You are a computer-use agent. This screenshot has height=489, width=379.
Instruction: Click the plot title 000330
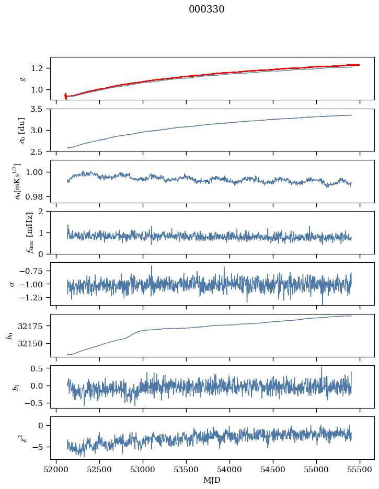pyautogui.click(x=206, y=9)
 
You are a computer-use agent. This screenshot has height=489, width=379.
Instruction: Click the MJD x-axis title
pyautogui.click(x=212, y=480)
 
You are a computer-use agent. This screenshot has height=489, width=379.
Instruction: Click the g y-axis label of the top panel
pyautogui.click(x=22, y=78)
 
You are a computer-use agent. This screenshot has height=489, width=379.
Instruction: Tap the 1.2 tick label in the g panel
pyautogui.click(x=40, y=68)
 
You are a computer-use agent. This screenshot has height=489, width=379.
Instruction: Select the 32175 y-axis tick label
pyautogui.click(x=33, y=326)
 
